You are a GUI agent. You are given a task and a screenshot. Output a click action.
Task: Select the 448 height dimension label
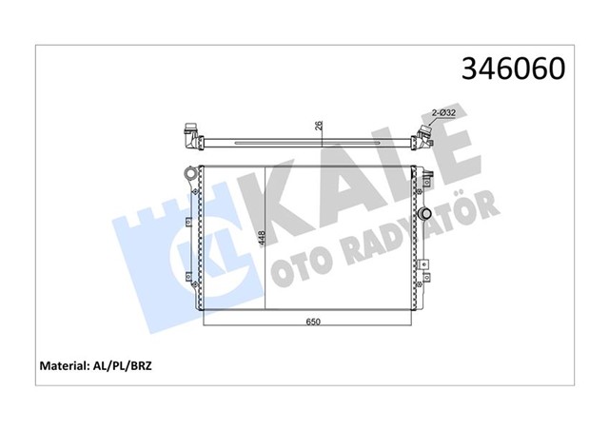[260, 239]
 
